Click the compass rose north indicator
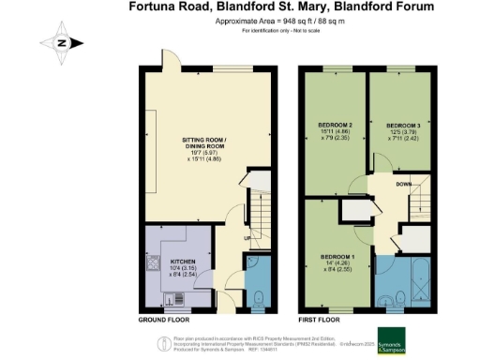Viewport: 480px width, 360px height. click(x=61, y=42)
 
